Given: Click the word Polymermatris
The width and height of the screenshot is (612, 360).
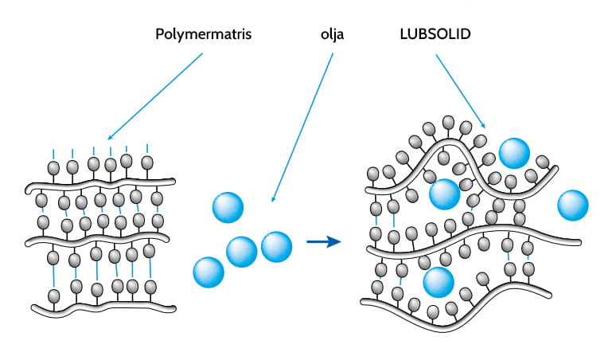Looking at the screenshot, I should click(x=203, y=35).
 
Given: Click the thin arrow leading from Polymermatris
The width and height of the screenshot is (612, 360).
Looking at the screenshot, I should click(x=156, y=96).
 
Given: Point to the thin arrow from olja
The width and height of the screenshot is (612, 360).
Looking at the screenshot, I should click(x=302, y=127).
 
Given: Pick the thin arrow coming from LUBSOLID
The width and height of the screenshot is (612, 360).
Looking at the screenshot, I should click(x=460, y=89).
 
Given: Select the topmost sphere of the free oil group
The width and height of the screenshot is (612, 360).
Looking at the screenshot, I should click(x=228, y=207).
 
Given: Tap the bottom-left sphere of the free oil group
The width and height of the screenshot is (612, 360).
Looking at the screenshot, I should click(x=209, y=272).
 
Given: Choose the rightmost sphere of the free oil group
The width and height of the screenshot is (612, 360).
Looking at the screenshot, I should click(x=276, y=246).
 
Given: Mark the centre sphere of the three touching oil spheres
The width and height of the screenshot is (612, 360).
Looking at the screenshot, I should click(x=242, y=252).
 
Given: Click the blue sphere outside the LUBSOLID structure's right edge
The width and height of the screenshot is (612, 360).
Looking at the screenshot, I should click(x=573, y=205).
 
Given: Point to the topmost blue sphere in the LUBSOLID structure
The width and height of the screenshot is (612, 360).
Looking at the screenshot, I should click(x=514, y=152).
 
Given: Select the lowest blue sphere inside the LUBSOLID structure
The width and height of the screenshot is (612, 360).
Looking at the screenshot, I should click(x=439, y=281).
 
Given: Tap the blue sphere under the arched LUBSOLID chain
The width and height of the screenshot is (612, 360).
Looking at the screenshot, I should click(x=444, y=194).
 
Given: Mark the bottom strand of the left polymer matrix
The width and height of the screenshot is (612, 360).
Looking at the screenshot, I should click(x=103, y=307).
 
